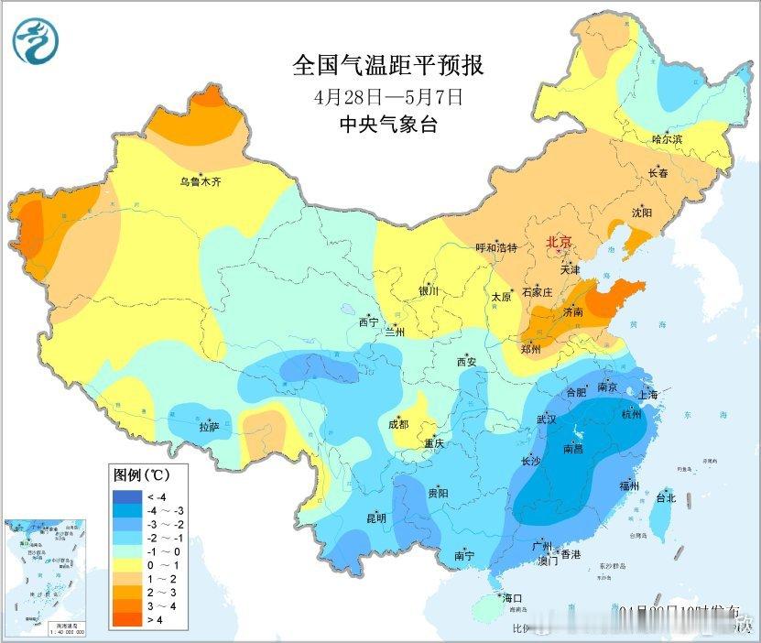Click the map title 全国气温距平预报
coord(387,66)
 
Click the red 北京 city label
coord(559,242)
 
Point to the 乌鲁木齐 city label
coord(200,182)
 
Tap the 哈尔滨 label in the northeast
coord(667,139)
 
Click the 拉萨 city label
coord(209,427)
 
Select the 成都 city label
coord(398,424)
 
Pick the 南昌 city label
coord(573,449)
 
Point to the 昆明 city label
coord(376,518)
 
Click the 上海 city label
coord(648,395)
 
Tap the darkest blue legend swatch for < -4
coord(125,496)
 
